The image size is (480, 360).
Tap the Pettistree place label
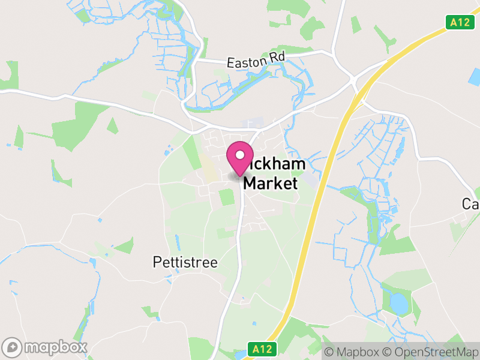click(x=185, y=263)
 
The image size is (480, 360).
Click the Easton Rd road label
click(x=255, y=61)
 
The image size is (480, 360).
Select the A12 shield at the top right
click(x=458, y=22)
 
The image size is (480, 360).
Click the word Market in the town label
click(x=270, y=183)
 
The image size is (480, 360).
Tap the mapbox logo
click(x=46, y=347)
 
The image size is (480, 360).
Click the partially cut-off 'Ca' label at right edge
click(x=471, y=204)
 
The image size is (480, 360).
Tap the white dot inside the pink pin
click(x=240, y=155)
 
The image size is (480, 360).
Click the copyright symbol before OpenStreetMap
click(x=388, y=352)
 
